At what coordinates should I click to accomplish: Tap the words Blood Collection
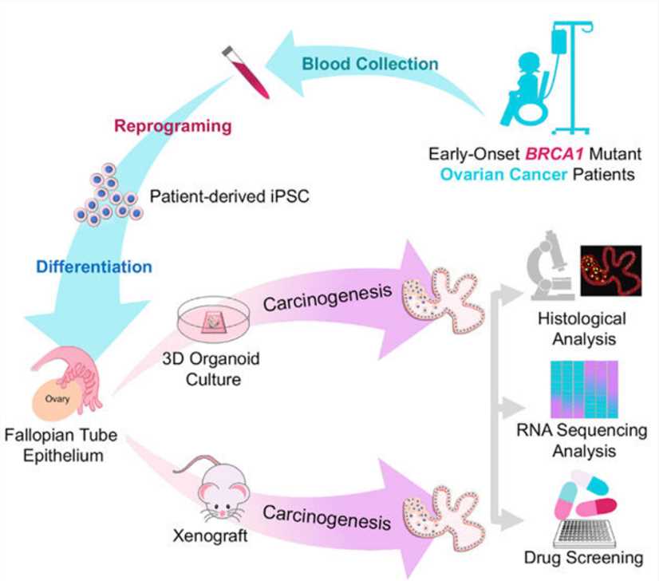(370, 63)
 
